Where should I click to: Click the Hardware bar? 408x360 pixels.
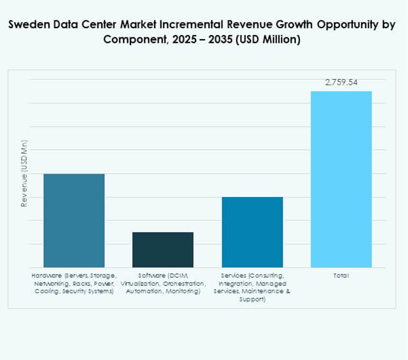coord(74,220)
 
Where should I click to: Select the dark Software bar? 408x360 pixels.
coord(163,250)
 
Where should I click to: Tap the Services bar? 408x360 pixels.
coord(252,232)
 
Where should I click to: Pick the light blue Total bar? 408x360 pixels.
coord(341,179)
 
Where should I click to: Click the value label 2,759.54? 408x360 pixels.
coord(341,83)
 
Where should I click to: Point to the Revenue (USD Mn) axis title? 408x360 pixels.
coord(24,173)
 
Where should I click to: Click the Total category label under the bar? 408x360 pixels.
coord(341,275)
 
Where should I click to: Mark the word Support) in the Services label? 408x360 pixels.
coord(252,299)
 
